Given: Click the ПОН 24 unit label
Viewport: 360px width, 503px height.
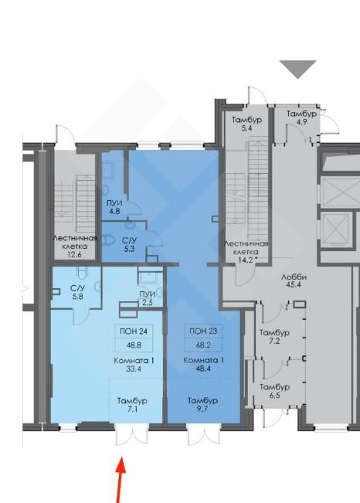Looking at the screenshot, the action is pyautogui.click(x=134, y=331).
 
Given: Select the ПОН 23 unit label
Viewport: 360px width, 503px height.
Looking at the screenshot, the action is pyautogui.click(x=203, y=331).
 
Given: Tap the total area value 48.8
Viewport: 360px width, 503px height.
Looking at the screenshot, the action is pyautogui.click(x=134, y=345).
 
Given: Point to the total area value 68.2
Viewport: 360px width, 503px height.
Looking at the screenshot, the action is pyautogui.click(x=203, y=345).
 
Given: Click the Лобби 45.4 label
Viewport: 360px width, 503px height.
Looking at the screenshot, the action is pyautogui.click(x=294, y=280).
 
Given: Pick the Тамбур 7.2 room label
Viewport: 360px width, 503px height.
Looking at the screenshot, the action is pyautogui.click(x=274, y=337).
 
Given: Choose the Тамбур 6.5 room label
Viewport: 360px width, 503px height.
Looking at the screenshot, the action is pyautogui.click(x=274, y=391).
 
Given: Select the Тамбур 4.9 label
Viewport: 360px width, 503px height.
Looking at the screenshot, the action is pyautogui.click(x=301, y=117).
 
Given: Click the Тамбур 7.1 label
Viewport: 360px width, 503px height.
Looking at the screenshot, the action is pyautogui.click(x=132, y=405).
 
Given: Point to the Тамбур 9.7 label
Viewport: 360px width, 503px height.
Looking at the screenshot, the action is pyautogui.click(x=202, y=405).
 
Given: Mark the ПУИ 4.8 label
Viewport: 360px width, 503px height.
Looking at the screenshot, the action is pyautogui.click(x=114, y=207).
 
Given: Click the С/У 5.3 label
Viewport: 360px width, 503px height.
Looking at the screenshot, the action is pyautogui.click(x=129, y=244).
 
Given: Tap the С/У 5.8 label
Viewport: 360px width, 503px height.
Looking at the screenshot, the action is pyautogui.click(x=78, y=292).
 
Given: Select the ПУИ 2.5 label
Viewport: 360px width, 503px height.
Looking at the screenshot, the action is pyautogui.click(x=148, y=298).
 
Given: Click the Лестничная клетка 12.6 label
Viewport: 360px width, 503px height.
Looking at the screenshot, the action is pyautogui.click(x=75, y=246).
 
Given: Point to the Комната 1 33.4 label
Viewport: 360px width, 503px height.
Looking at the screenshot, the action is pyautogui.click(x=134, y=365).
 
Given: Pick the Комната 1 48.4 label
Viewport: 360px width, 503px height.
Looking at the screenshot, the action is pyautogui.click(x=203, y=365).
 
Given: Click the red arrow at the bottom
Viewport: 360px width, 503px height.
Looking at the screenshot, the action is pyautogui.click(x=120, y=481).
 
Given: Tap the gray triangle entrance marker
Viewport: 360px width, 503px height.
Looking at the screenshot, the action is pyautogui.click(x=297, y=69).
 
